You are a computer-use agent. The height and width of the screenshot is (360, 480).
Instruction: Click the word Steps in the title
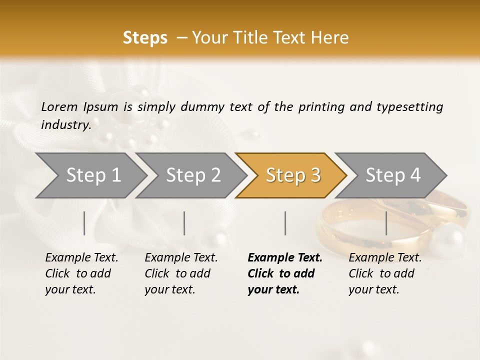point(145,38)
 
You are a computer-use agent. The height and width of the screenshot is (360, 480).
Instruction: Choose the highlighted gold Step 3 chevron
point(292,175)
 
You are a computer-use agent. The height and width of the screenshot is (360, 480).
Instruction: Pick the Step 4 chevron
point(392,175)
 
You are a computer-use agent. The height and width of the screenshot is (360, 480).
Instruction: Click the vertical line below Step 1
point(84,223)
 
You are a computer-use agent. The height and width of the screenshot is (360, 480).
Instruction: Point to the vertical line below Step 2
point(184,223)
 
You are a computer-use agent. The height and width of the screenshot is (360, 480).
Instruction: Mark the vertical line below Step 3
point(285,223)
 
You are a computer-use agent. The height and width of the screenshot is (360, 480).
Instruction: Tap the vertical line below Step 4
point(386,223)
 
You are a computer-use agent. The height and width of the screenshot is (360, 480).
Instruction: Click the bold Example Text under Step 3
point(285,258)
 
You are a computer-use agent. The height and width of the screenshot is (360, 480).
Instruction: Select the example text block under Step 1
point(81,273)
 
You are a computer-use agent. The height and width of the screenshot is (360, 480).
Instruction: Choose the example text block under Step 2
point(181,273)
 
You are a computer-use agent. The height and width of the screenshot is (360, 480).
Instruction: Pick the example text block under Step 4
point(385,273)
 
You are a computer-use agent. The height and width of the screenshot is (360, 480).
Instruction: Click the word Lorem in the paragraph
point(59,106)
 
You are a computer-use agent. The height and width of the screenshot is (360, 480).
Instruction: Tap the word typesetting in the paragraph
point(409,106)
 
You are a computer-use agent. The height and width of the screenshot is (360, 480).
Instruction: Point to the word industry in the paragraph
point(65,125)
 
